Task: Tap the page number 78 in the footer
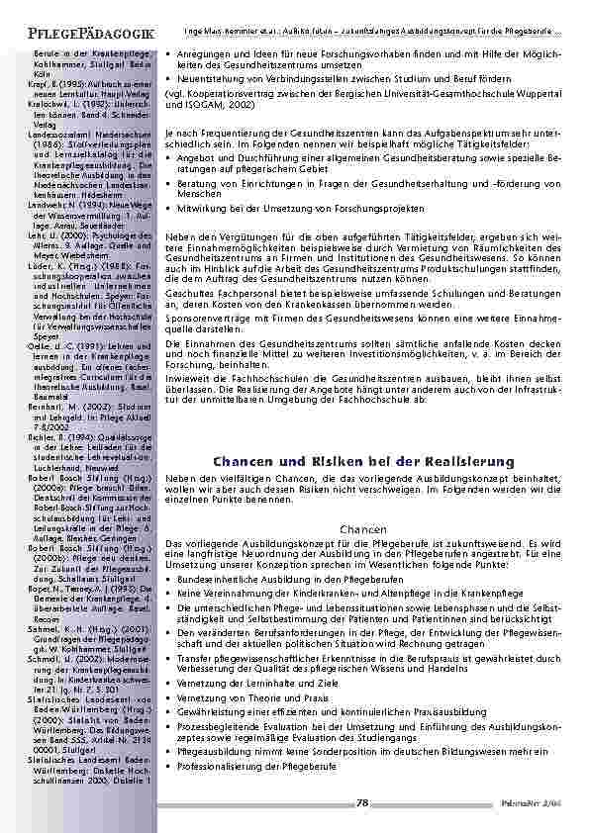click(362, 802)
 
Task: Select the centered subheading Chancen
click(362, 530)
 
